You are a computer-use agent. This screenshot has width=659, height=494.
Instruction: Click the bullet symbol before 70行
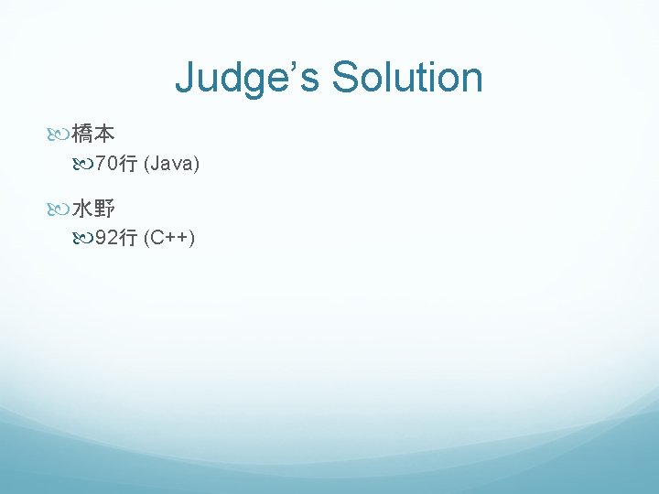pyautogui.click(x=85, y=165)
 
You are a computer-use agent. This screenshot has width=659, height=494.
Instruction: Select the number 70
pyautogui.click(x=107, y=165)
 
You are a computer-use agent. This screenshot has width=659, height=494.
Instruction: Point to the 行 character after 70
pyautogui.click(x=128, y=165)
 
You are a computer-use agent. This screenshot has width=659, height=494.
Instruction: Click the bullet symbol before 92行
pyautogui.click(x=85, y=240)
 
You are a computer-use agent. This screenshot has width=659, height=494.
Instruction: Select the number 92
pyautogui.click(x=107, y=240)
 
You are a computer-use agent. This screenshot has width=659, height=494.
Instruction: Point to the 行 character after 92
pyautogui.click(x=128, y=240)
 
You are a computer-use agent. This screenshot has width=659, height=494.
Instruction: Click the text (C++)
pyautogui.click(x=169, y=240)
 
